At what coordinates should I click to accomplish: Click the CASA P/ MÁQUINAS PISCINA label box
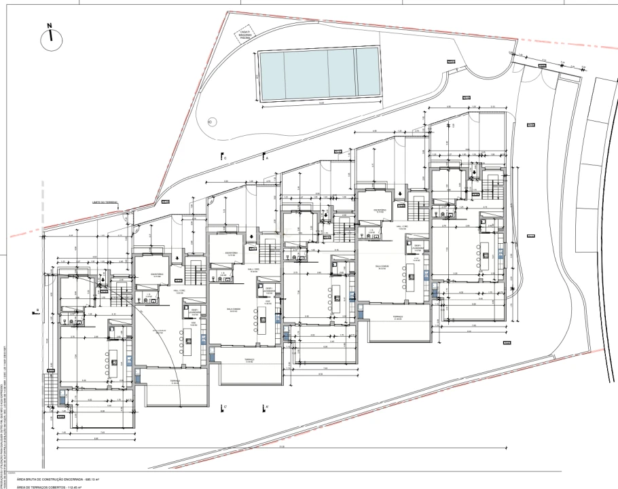pos(245,35)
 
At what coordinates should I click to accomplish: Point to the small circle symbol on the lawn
pos(209,122)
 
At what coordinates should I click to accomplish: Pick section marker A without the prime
pos(266,157)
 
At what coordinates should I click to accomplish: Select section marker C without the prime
pos(223,157)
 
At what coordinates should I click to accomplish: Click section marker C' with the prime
pos(223,408)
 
